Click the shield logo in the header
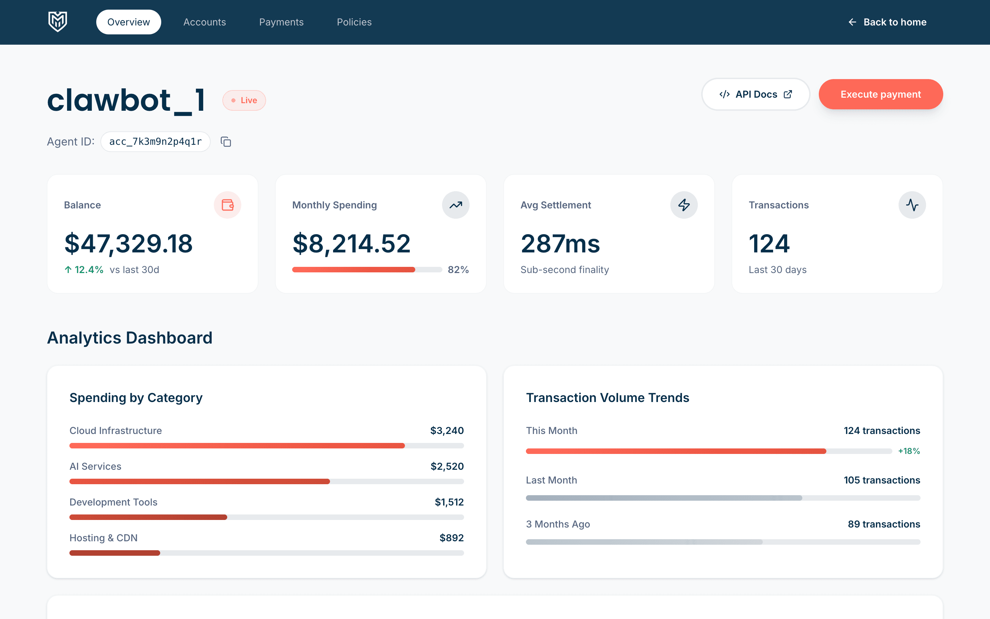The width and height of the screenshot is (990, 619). pos(58,22)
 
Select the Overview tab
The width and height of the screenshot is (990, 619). pos(129,22)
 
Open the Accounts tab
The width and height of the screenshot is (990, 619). pos(205,22)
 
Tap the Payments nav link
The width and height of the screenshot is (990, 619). pos(282,22)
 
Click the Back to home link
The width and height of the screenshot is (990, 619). pos(887,22)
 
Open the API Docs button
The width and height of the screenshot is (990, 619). pos(756,95)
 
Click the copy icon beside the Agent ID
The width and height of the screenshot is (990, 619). pos(226,142)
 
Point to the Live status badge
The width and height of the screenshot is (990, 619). pos(244,100)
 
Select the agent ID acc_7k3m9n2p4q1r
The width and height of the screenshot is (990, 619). pos(155,142)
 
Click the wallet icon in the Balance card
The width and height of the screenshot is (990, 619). pos(228,205)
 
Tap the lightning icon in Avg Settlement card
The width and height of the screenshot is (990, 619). pos(684,205)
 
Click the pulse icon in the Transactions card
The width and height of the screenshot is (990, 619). pos(912,205)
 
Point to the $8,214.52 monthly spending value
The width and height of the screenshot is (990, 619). pos(351,243)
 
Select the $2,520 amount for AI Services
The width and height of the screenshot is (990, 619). pos(447,466)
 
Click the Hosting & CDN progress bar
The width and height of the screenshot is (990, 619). pos(266,553)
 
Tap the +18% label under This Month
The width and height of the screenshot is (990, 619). pos(909,451)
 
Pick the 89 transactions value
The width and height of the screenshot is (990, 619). pos(884,524)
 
